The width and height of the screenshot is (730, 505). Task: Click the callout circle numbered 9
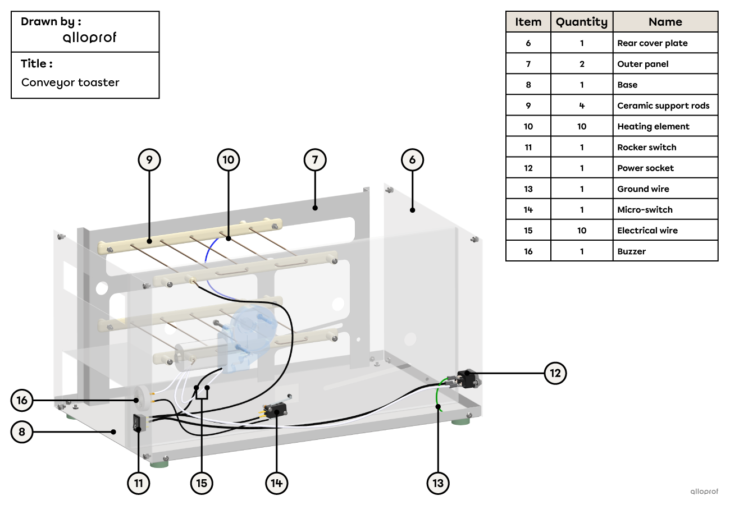[x=149, y=160]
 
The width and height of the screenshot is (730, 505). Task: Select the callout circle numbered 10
[x=228, y=160]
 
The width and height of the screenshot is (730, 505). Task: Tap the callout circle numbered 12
[x=555, y=373]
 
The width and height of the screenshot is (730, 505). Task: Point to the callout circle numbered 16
[x=22, y=400]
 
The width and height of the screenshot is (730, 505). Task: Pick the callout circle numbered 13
[x=438, y=483]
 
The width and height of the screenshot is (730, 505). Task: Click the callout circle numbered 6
[x=412, y=160]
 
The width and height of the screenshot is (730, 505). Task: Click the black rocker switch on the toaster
[x=138, y=423]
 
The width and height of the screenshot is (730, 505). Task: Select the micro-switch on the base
[x=275, y=411]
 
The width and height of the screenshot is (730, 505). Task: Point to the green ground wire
[x=438, y=395]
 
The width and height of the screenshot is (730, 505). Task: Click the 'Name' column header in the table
[x=665, y=22]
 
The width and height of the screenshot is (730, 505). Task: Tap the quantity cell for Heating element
[x=582, y=126]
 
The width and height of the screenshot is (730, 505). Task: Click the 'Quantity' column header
[x=582, y=22]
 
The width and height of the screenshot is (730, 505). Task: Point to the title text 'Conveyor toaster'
[x=70, y=82]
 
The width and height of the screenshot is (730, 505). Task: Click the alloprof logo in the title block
[x=89, y=38]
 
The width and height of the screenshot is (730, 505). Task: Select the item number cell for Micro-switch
[x=528, y=210]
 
